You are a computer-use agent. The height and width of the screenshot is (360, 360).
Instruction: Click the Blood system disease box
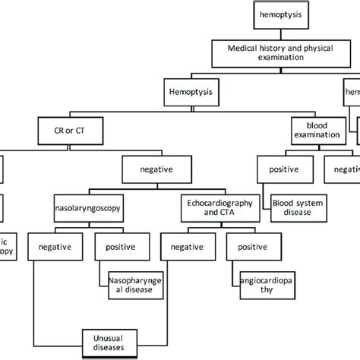pyautogui.click(x=298, y=204)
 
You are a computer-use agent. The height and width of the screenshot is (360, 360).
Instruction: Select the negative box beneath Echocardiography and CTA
pyautogui.click(x=187, y=246)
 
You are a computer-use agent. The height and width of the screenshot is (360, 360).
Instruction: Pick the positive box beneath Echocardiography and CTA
pyautogui.click(x=251, y=246)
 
